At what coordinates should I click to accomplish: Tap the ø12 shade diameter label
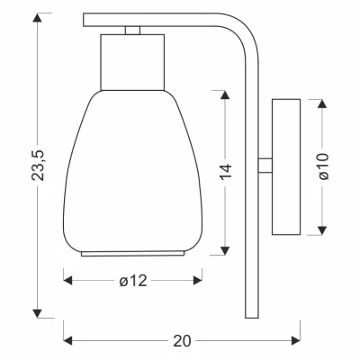pyautogui.click(x=133, y=282)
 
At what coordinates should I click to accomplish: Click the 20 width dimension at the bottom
pyautogui.click(x=183, y=340)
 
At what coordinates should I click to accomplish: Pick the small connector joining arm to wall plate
pyautogui.click(x=265, y=166)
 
